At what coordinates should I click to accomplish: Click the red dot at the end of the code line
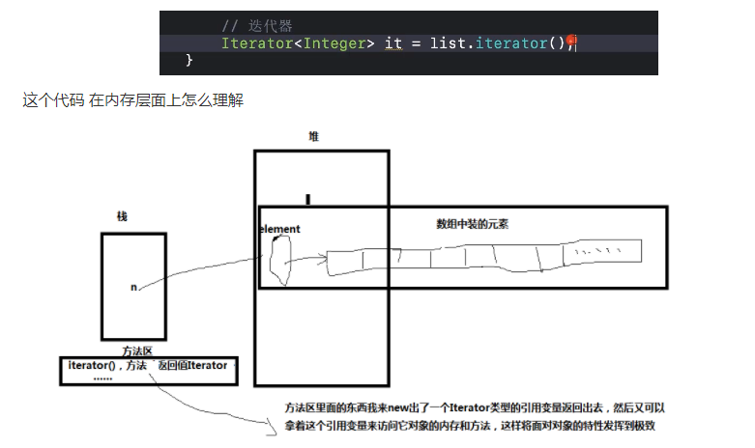tap(571, 41)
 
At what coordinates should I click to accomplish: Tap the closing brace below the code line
tap(189, 61)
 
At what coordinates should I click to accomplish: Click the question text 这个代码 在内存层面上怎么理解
tap(133, 99)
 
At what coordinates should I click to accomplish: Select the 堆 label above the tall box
tap(313, 137)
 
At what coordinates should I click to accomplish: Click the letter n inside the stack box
tap(133, 287)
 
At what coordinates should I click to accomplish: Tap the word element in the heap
tap(281, 229)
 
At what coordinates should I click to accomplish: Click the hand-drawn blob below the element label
tap(280, 261)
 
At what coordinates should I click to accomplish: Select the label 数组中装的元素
tap(473, 223)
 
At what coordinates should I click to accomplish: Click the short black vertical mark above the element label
tap(307, 200)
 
